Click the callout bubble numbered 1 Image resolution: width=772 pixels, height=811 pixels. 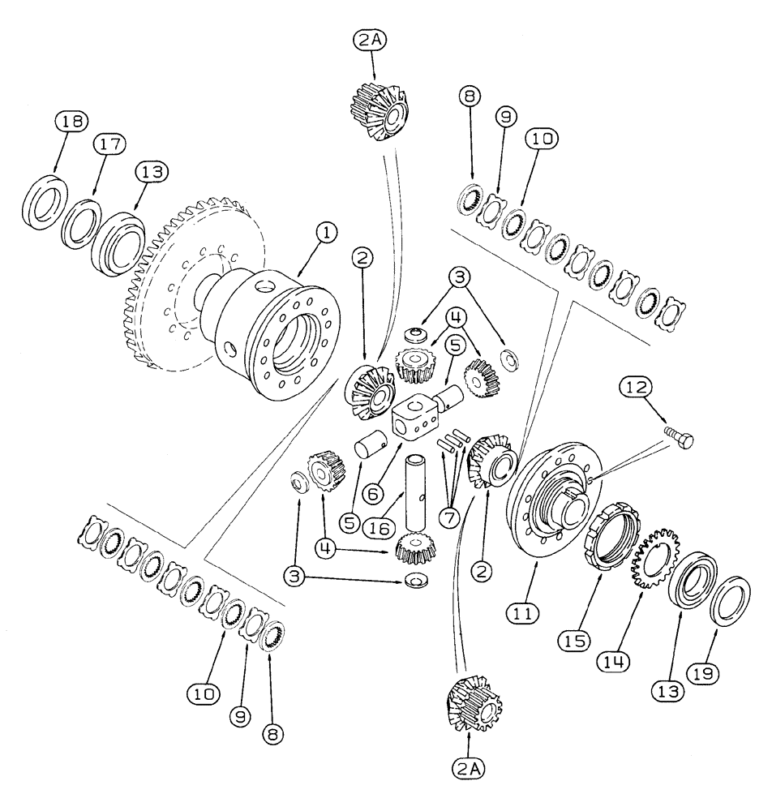[325, 234]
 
